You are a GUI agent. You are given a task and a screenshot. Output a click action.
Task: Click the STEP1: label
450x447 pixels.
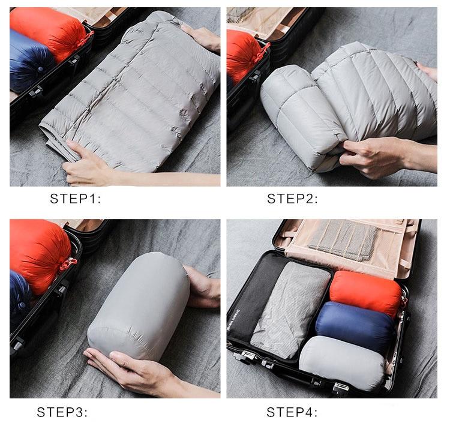76,199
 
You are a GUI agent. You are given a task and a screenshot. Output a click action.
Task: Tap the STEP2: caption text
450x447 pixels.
292,199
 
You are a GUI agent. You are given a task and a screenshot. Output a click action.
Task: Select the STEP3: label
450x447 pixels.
62,412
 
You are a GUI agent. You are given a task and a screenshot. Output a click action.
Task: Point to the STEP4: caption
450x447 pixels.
292,412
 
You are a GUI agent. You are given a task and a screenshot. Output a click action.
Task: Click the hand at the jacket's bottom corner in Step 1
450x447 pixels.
86,164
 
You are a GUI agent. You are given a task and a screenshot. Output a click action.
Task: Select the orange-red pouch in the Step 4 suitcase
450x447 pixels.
366,293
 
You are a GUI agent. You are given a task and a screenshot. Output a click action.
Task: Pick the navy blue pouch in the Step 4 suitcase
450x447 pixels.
356,326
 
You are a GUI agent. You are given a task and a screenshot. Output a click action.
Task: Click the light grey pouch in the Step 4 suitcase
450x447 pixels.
341,363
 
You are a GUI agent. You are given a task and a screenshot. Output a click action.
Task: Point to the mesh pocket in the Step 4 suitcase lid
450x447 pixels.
343,239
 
